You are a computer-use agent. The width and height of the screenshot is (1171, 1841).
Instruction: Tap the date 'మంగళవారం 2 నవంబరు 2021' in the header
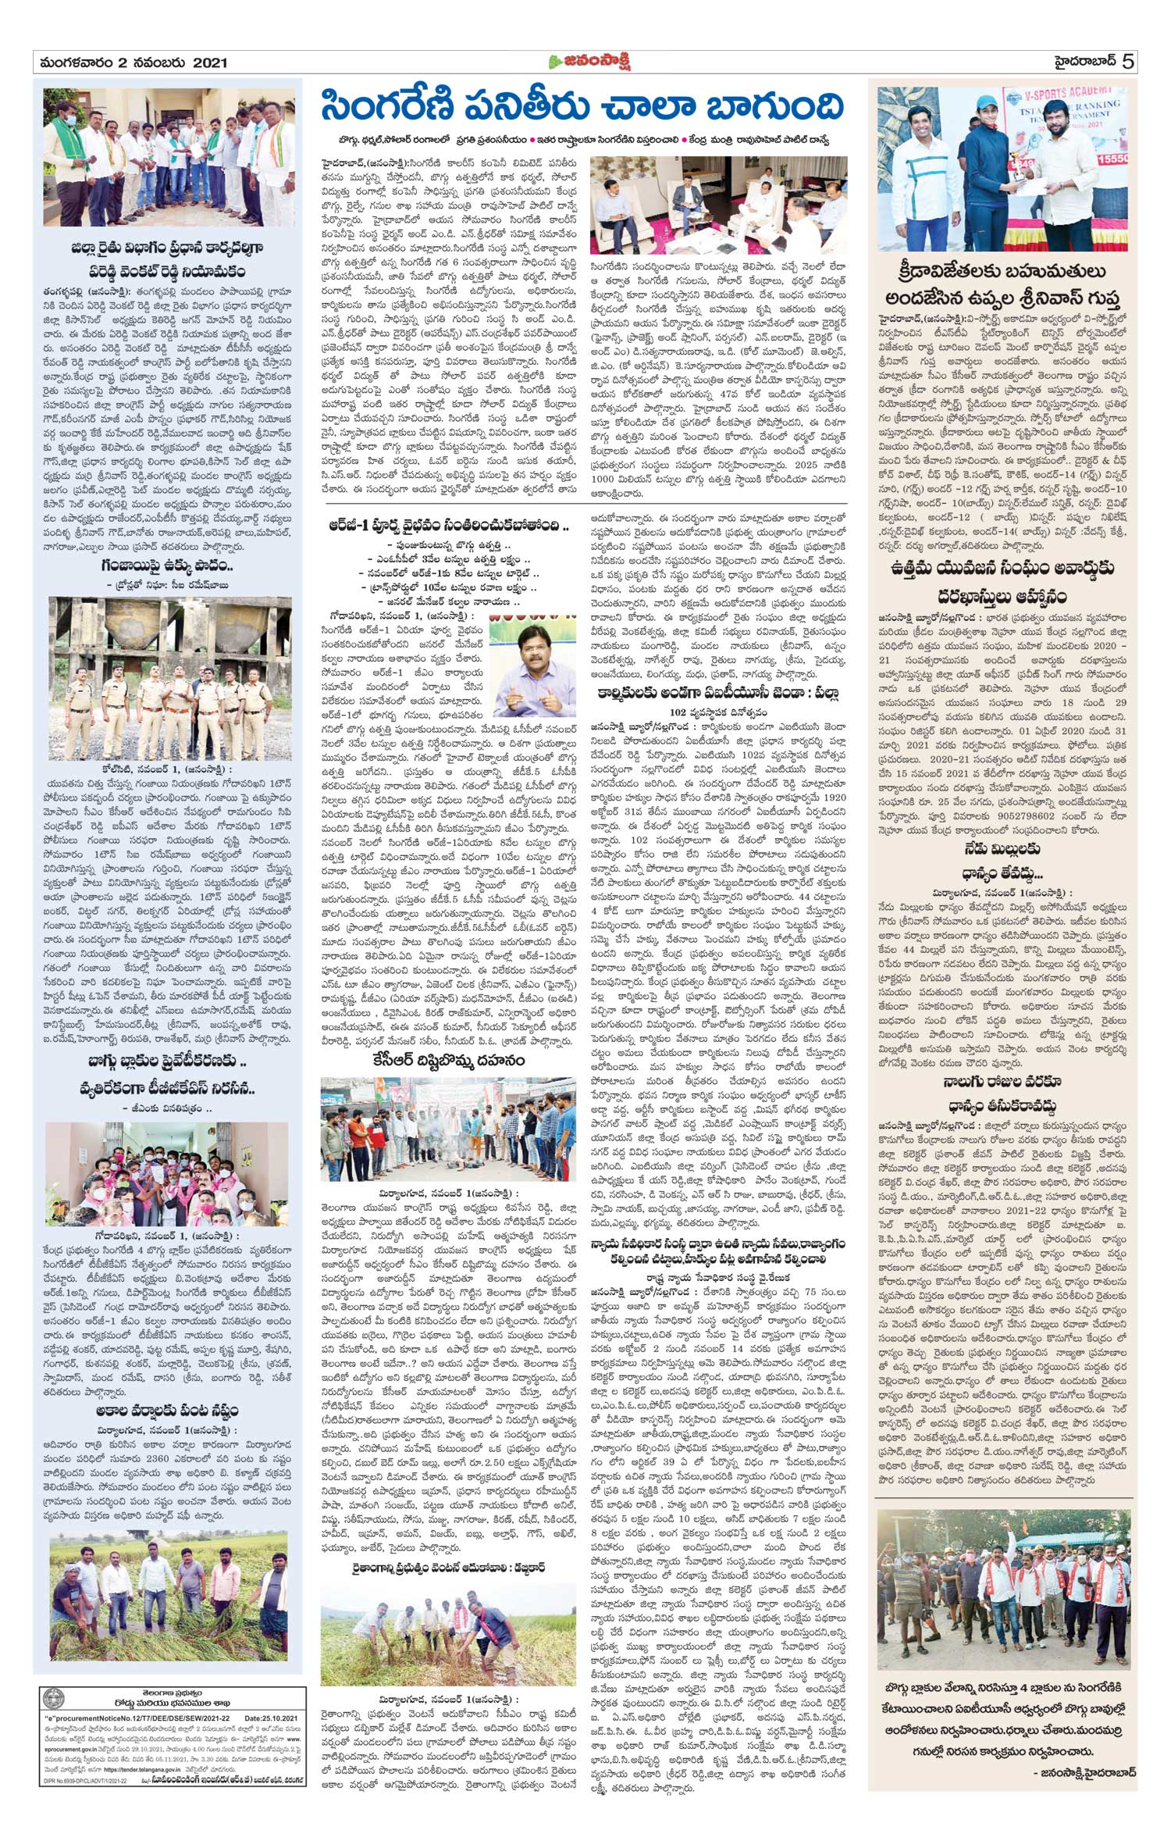pos(130,62)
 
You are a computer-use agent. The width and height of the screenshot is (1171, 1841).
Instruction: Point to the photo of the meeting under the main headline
pos(718,205)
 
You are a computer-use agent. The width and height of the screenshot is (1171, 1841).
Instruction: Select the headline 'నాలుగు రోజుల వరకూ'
pos(1002,1082)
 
